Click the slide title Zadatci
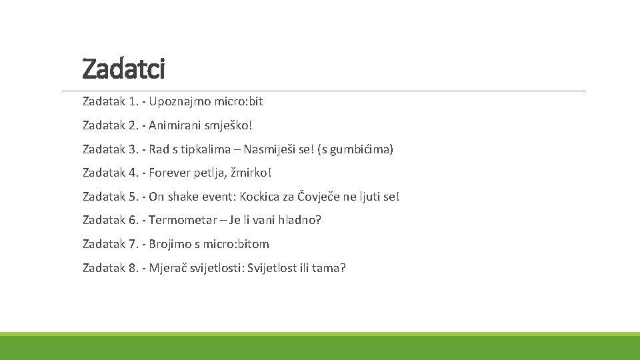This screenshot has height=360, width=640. point(123,68)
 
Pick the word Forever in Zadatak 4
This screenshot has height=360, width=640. point(169,173)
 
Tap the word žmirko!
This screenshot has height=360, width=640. point(251,173)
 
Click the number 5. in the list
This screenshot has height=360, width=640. point(134,197)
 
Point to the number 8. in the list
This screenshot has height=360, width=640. point(134,268)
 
